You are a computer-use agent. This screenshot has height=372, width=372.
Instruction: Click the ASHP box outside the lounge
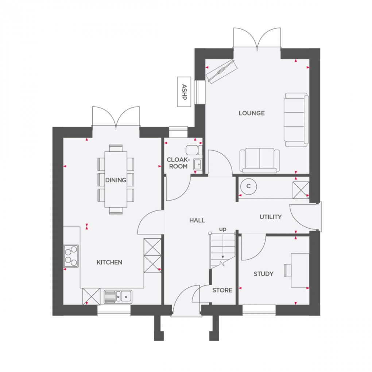184,92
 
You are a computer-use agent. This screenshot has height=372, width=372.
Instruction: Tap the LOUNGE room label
252,113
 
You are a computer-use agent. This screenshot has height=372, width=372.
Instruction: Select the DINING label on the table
116,180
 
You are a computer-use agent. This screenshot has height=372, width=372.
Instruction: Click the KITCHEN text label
109,262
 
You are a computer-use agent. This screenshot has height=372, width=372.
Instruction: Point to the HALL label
197,220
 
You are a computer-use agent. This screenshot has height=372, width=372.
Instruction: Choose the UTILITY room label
271,217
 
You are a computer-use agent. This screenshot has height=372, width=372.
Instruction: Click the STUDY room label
264,274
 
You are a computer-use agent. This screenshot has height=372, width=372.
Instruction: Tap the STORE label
222,290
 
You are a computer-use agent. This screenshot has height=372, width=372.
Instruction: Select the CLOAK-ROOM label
177,163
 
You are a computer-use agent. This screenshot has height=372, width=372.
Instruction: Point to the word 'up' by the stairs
222,229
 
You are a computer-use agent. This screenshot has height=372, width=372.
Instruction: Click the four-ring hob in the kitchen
71,256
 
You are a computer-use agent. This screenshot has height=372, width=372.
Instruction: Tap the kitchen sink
118,296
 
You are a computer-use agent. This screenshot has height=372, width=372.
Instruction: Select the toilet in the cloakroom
192,150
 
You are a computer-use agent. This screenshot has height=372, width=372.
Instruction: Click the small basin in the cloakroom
198,165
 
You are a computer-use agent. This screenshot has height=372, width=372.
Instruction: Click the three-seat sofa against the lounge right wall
296,120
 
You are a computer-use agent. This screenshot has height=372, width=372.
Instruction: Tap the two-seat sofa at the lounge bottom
259,160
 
